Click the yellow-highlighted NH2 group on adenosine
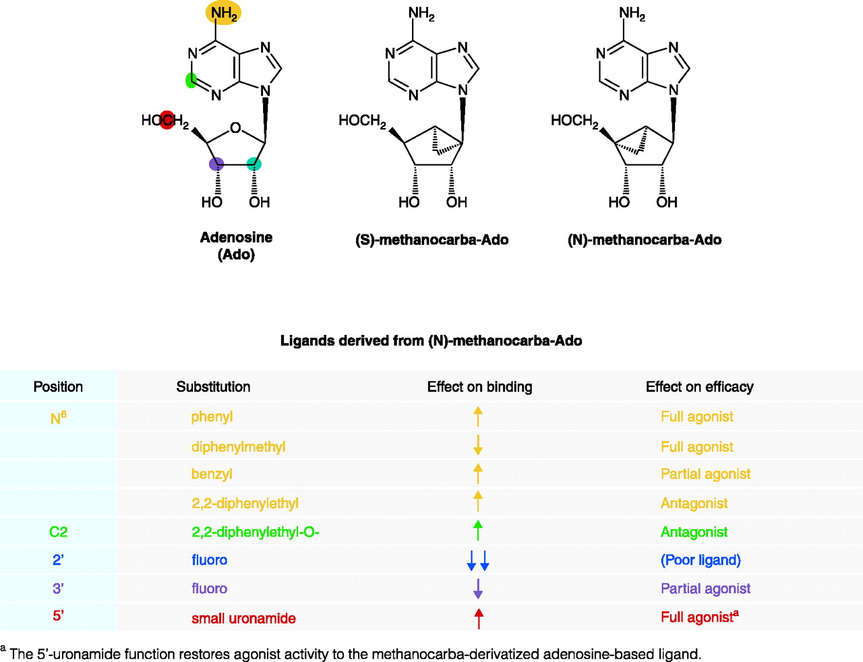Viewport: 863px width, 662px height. point(223,13)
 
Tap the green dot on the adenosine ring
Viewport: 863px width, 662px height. point(191,80)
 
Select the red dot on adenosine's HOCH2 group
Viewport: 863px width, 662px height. point(167,120)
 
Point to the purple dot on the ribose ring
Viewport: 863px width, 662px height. point(216,164)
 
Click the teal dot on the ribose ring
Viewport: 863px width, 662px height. point(254,164)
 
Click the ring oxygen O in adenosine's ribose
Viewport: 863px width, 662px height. point(235,127)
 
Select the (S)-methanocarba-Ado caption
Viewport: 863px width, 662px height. point(431,240)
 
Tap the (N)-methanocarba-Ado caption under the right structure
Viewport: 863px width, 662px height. point(645,240)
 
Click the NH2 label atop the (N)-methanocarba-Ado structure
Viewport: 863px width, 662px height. point(632,13)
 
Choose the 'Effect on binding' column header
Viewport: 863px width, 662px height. point(479,387)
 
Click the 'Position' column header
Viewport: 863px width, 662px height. point(58,387)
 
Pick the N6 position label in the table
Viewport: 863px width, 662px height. point(59,418)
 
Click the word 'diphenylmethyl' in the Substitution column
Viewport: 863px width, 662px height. point(238,447)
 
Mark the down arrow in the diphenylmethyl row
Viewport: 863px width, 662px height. point(478,445)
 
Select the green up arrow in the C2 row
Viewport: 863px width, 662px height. point(478,531)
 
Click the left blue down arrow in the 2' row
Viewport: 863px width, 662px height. point(471,560)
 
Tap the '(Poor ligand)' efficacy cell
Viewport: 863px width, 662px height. point(701,560)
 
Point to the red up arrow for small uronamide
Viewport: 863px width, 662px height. point(479,618)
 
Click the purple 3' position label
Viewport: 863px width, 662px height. point(58,589)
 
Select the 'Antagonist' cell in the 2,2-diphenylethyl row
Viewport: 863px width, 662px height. point(694,504)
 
